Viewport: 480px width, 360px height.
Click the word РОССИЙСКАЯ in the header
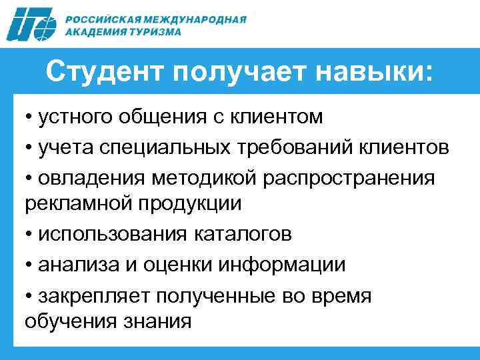(x=99, y=19)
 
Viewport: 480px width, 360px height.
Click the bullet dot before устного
(x=30, y=117)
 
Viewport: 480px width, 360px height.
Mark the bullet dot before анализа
(x=30, y=265)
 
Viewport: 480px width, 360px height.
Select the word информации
(x=287, y=265)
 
